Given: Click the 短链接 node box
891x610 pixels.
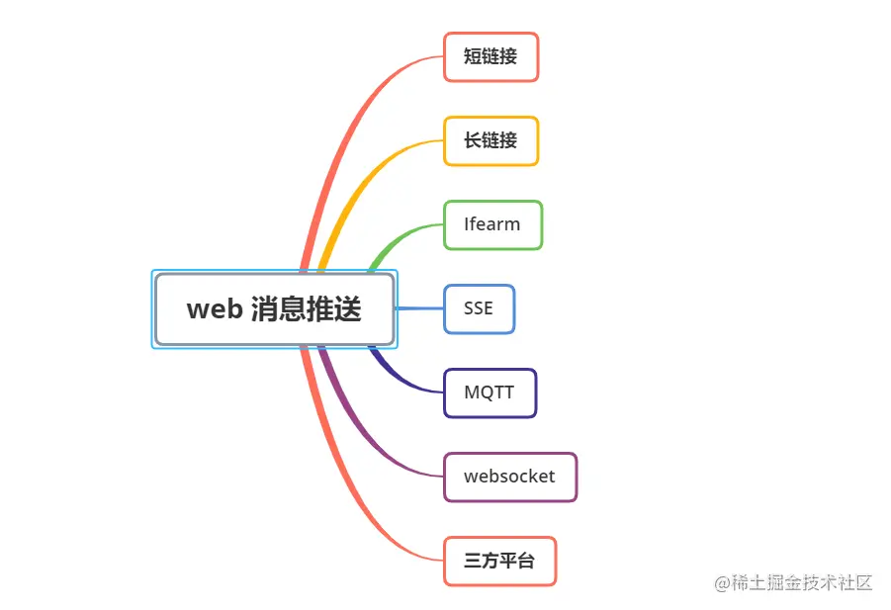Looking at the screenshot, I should [x=490, y=57].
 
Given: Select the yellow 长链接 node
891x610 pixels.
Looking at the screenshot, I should [x=490, y=141].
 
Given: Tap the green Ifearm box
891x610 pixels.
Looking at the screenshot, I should [x=492, y=224].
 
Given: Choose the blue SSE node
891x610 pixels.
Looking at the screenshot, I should [x=479, y=308].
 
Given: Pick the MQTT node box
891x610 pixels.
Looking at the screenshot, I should [x=490, y=392].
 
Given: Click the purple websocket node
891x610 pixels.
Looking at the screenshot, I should [x=509, y=477].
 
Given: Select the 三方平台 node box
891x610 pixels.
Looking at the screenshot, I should [x=499, y=561].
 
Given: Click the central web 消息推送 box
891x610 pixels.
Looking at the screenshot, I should [x=274, y=309].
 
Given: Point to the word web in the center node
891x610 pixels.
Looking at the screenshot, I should [x=215, y=309].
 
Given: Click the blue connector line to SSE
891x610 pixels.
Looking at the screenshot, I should [x=418, y=308].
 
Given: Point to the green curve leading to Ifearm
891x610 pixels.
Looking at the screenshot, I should [x=396, y=238].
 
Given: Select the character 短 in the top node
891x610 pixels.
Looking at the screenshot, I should [x=472, y=57].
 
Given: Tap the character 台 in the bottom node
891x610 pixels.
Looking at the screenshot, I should [x=526, y=561].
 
